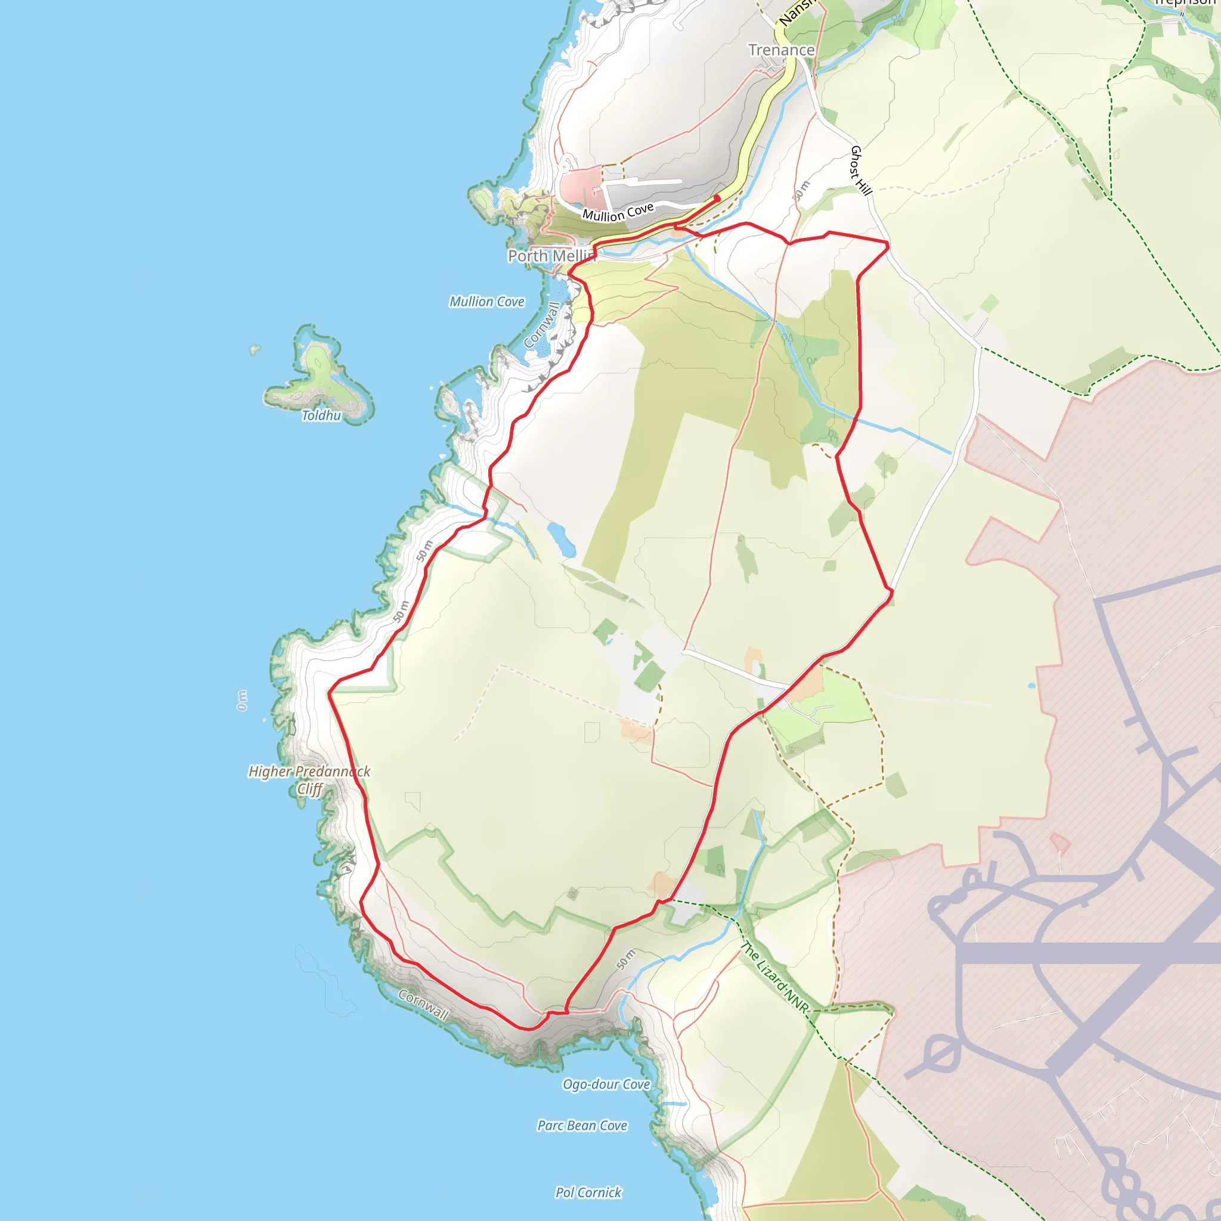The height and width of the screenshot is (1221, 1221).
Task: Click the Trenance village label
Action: [x=781, y=50]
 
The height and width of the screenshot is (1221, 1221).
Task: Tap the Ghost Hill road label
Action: [x=861, y=170]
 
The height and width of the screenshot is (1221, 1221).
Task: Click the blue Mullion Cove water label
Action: [x=486, y=302]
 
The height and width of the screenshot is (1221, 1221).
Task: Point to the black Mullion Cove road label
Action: [x=618, y=212]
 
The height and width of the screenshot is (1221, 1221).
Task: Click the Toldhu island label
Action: [x=321, y=415]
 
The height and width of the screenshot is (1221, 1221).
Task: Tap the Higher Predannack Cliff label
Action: [x=309, y=780]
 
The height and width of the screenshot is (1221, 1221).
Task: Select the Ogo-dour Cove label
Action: [x=606, y=1084]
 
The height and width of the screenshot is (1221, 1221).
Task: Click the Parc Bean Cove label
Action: [x=582, y=1126]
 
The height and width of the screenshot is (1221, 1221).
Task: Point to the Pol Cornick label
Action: [x=588, y=1192]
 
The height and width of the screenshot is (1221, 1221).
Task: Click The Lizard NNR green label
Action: [x=774, y=977]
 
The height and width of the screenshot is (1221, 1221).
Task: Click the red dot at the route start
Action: [x=717, y=199]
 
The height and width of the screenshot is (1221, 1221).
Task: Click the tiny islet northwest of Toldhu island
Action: [x=255, y=349]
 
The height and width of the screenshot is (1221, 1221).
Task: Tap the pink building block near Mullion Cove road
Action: [x=581, y=187]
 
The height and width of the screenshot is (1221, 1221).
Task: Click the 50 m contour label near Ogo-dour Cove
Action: [x=625, y=959]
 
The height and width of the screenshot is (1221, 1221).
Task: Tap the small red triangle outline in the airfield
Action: [x=1060, y=842]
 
